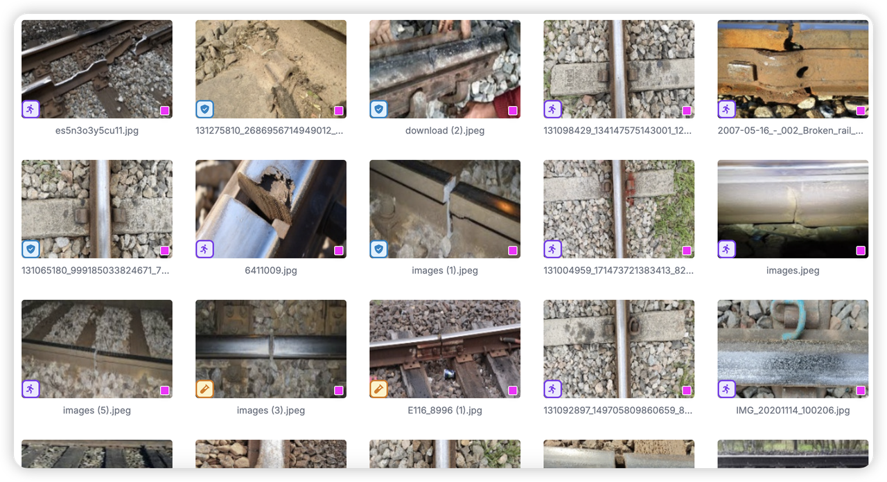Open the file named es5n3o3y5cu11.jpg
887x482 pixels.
pyautogui.click(x=96, y=131)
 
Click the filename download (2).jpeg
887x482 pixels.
pyautogui.click(x=445, y=131)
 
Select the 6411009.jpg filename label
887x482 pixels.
pyautogui.click(x=271, y=270)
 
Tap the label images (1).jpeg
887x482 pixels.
pyautogui.click(x=445, y=270)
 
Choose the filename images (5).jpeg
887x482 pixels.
pyautogui.click(x=96, y=411)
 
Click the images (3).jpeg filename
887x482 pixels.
pyautogui.click(x=271, y=411)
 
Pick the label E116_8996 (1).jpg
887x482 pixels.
pyautogui.click(x=445, y=411)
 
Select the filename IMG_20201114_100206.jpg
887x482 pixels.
pyautogui.click(x=793, y=411)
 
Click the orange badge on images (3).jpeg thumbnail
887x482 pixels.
pyautogui.click(x=204, y=389)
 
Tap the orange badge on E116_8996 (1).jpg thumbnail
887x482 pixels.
pyautogui.click(x=379, y=389)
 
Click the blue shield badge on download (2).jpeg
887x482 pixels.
pyautogui.click(x=379, y=109)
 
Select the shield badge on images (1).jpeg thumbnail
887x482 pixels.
pyautogui.click(x=379, y=249)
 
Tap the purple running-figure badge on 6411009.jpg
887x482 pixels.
pyautogui.click(x=204, y=249)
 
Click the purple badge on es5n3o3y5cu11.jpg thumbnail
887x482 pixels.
pyautogui.click(x=31, y=109)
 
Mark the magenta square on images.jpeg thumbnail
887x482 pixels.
pyautogui.click(x=861, y=251)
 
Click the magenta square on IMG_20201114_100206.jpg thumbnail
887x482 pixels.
pyautogui.click(x=861, y=391)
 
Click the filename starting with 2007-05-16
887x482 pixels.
pyautogui.click(x=791, y=131)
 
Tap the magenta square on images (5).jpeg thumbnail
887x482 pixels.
pyautogui.click(x=165, y=391)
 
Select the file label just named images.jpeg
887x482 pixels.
pyautogui.click(x=793, y=270)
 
